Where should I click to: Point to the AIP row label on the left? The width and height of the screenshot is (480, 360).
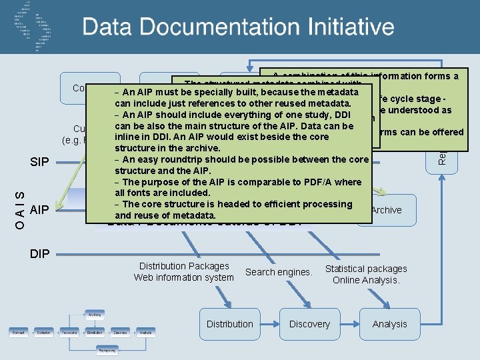tap(40, 210)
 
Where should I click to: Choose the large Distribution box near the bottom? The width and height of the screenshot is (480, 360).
tap(230, 324)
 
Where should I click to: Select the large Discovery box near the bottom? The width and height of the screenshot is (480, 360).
tap(309, 324)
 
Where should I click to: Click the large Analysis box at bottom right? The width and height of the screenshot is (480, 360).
tap(389, 324)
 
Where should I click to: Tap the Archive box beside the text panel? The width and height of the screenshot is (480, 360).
tap(387, 210)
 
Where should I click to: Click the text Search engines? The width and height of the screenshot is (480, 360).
tap(279, 272)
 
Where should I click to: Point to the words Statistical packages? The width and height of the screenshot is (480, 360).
tap(366, 269)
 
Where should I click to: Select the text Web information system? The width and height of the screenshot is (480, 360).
tap(183, 277)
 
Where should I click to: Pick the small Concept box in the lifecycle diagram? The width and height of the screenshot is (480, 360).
tap(19, 331)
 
